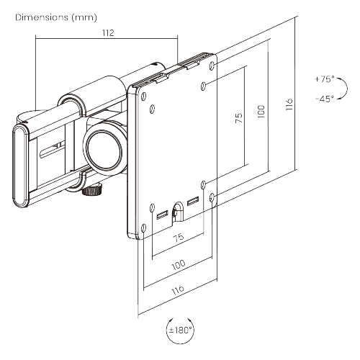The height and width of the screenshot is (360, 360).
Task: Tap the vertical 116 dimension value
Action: [x=289, y=104]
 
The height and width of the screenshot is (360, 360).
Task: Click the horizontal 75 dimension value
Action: [x=177, y=238]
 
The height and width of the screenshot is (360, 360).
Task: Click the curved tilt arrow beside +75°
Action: [x=345, y=88]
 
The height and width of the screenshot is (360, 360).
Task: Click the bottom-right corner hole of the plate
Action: [x=211, y=196]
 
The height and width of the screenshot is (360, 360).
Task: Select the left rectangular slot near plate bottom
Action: [x=161, y=214]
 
